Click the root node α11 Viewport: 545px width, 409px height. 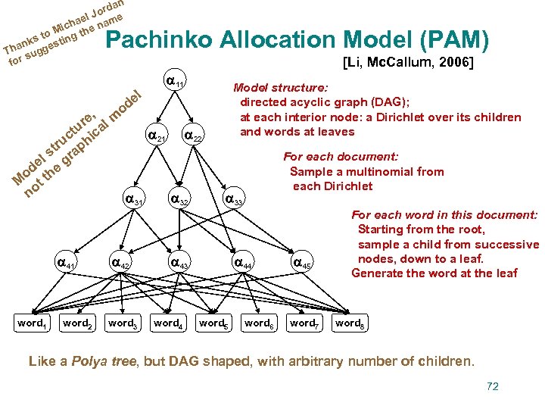pos(176,81)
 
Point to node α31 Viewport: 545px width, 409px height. pos(132,201)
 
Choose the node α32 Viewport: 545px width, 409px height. pos(179,201)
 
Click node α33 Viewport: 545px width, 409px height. pos(234,201)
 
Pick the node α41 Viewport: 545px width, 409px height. pos(67,264)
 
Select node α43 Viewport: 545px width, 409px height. pos(179,264)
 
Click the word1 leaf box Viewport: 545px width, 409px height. pos(32,323)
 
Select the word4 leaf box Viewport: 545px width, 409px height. pos(167,323)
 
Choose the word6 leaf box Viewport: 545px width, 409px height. pos(258,323)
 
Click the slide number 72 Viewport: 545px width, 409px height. pos(493,386)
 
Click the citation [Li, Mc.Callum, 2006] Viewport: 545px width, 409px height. pos(408,63)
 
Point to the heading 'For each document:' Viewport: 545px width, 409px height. pos(341,157)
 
